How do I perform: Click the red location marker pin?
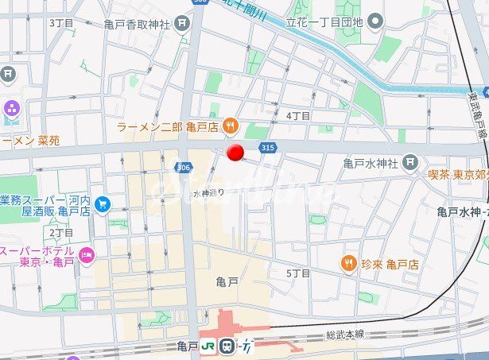click(x=235, y=153)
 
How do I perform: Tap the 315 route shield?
click(x=267, y=147)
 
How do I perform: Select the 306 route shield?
click(x=183, y=165)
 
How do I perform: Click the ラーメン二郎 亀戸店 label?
click(x=168, y=126)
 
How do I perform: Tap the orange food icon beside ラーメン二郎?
click(x=229, y=125)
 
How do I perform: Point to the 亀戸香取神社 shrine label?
click(x=137, y=24)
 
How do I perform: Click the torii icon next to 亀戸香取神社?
click(x=184, y=23)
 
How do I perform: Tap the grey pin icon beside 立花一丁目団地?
click(x=375, y=20)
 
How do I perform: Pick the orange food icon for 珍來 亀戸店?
click(x=348, y=263)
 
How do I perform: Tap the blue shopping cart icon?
click(x=102, y=205)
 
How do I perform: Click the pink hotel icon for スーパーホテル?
click(x=86, y=256)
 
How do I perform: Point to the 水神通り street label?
click(x=208, y=192)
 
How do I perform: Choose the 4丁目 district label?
click(x=298, y=115)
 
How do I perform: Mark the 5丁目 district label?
click(x=298, y=273)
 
